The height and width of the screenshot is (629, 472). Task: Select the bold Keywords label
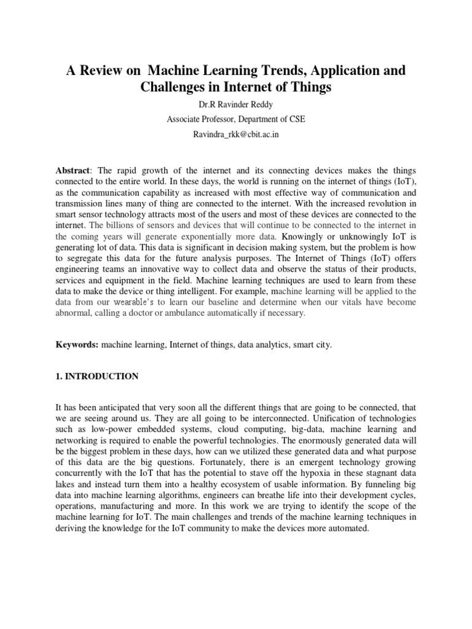(x=76, y=345)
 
